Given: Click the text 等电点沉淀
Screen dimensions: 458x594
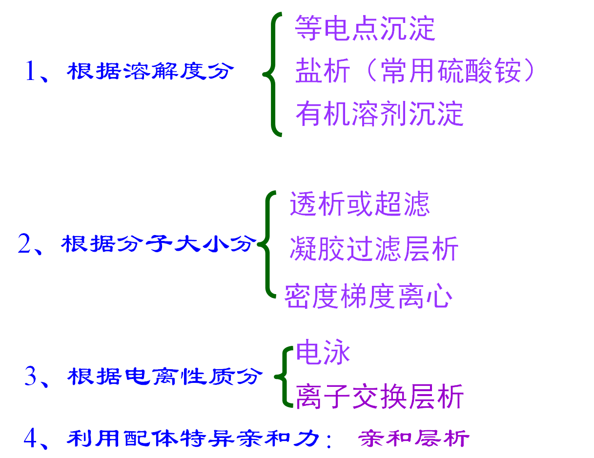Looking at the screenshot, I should pyautogui.click(x=365, y=28).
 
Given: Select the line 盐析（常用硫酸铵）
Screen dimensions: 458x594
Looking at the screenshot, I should pyautogui.click(x=415, y=71).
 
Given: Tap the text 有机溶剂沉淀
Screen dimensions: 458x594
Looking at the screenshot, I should pyautogui.click(x=379, y=114).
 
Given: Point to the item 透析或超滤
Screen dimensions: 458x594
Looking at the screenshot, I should pyautogui.click(x=359, y=204).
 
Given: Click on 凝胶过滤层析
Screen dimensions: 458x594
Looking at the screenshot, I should pyautogui.click(x=373, y=249).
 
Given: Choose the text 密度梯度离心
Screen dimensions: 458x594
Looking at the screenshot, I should pyautogui.click(x=368, y=296).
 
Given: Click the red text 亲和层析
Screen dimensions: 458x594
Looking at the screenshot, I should pyautogui.click(x=414, y=438).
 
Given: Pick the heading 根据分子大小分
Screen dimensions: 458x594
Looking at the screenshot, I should pyautogui.click(x=159, y=243).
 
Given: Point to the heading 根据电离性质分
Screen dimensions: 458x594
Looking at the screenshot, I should pyautogui.click(x=164, y=377).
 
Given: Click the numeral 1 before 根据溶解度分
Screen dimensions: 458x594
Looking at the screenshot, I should pyautogui.click(x=30, y=72).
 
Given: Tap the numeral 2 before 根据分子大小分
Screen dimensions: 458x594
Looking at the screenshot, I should pyautogui.click(x=24, y=243).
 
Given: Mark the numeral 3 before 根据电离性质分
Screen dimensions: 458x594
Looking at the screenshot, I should pyautogui.click(x=31, y=377).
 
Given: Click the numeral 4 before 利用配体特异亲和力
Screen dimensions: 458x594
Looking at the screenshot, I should pyautogui.click(x=30, y=438).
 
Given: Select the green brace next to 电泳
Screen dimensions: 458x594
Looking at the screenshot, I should pyautogui.click(x=284, y=377).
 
